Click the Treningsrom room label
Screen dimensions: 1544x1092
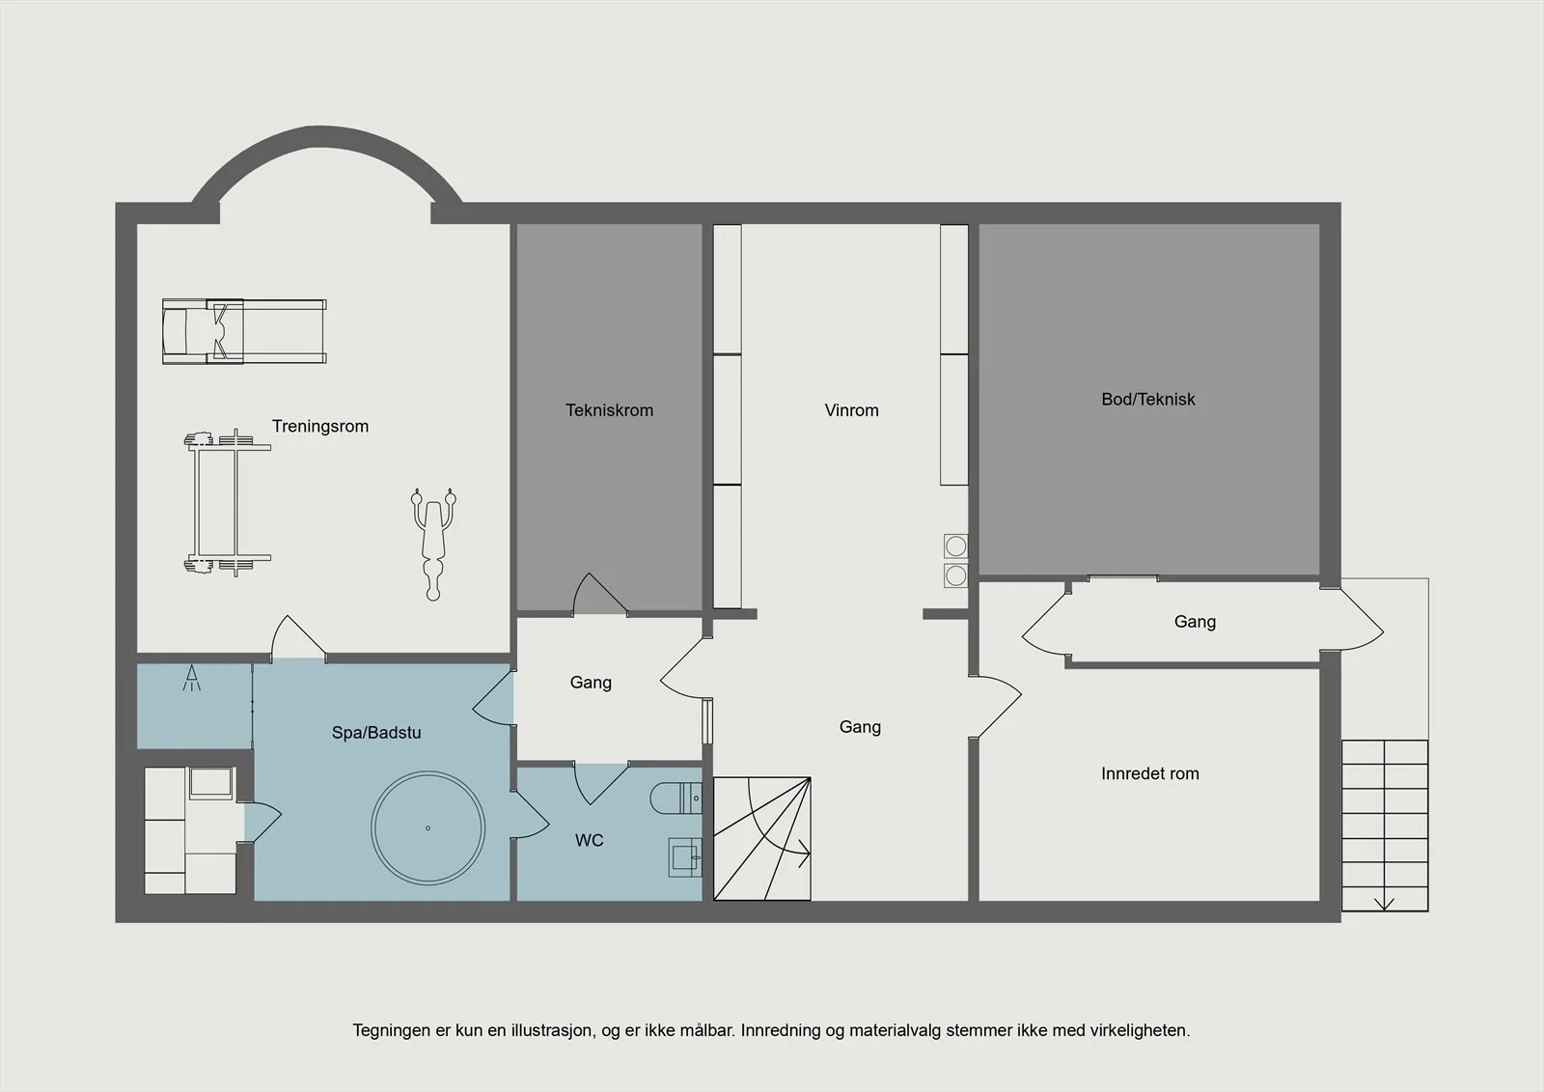point(319,427)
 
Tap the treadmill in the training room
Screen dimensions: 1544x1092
point(244,331)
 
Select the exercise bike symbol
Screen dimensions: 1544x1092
point(433,544)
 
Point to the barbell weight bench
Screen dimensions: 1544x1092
point(228,502)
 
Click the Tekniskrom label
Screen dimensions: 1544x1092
point(609,410)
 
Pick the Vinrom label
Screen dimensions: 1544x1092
point(851,410)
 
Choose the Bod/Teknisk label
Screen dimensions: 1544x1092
point(1148,400)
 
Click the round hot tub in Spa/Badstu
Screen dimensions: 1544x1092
point(428,827)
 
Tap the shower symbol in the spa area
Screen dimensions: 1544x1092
point(192,678)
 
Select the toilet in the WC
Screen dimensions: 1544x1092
point(675,798)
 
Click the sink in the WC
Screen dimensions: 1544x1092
point(685,857)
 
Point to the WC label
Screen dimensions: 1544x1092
point(590,840)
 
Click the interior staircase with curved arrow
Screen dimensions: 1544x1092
point(761,839)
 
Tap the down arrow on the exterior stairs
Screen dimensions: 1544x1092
point(1384,903)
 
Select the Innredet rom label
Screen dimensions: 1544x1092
point(1149,774)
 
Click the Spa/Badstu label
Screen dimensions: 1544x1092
point(376,733)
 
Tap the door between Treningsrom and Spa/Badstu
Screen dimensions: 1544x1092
point(298,636)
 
